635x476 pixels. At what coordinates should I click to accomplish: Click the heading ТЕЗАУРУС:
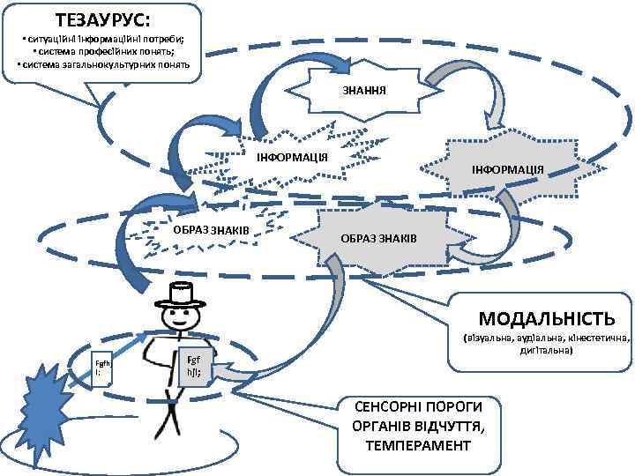click(x=103, y=19)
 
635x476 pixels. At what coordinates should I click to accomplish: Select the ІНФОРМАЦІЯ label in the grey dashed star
click(x=507, y=168)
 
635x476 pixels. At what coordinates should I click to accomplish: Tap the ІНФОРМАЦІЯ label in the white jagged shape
click(x=292, y=158)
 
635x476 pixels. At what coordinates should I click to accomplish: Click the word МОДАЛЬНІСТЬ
click(x=547, y=317)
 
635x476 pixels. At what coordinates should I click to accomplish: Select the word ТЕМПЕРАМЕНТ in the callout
click(x=418, y=445)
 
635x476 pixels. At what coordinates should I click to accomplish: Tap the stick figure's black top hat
click(x=183, y=294)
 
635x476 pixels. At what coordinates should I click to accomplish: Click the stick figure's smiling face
click(x=179, y=317)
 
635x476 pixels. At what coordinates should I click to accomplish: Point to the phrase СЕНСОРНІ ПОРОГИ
click(x=418, y=408)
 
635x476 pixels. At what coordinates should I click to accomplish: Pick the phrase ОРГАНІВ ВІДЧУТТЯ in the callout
click(x=418, y=427)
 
